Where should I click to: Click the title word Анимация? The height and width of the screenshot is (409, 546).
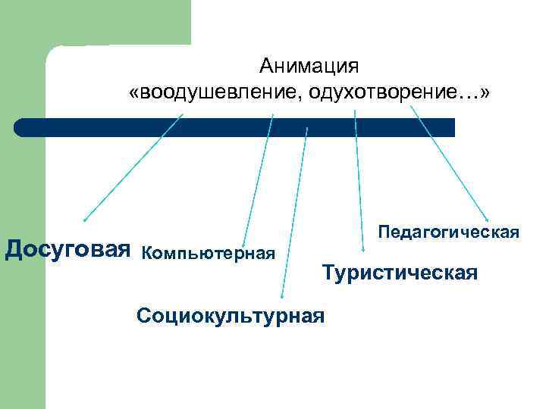[x=308, y=67]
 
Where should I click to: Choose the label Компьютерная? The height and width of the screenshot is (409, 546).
[x=208, y=251]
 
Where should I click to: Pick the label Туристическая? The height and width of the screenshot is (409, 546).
[x=400, y=273]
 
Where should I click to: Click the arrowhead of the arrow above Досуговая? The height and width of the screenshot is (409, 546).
[x=85, y=220]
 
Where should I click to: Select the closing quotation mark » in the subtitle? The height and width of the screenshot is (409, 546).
[x=485, y=93]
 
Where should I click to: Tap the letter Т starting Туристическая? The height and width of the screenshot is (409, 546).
[x=328, y=273]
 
